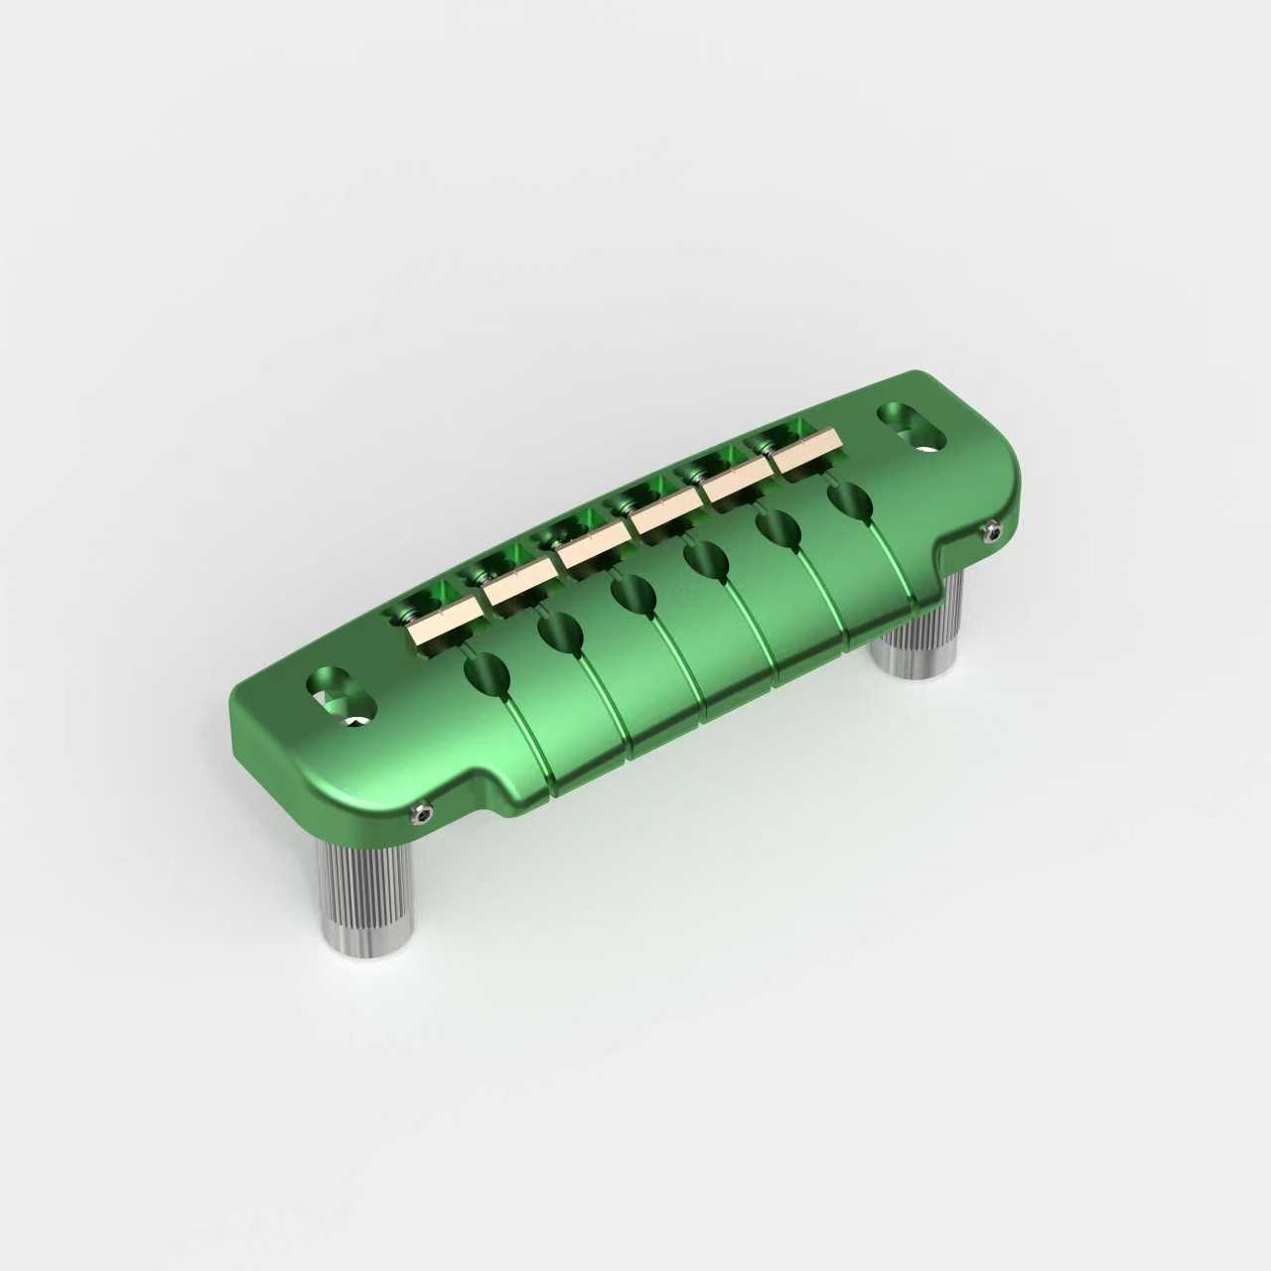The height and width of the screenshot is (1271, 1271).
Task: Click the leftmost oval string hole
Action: (487, 674)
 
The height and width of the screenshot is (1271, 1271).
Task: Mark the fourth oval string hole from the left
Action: (704, 561)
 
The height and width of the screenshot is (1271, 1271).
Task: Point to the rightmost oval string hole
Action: (850, 498)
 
